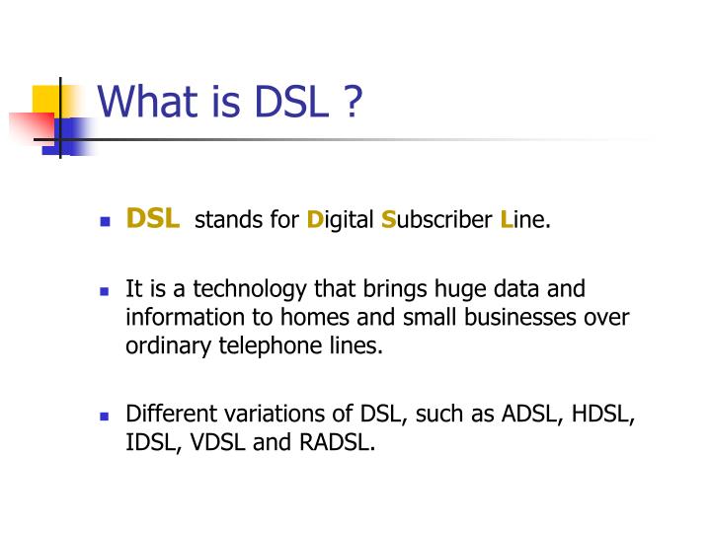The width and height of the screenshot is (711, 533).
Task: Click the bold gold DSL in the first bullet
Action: click(153, 218)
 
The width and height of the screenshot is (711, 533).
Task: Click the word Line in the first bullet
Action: click(524, 219)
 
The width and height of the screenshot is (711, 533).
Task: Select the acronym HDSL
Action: click(601, 416)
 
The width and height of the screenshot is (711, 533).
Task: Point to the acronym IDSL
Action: click(149, 443)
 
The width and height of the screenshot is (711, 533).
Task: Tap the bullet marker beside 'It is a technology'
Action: click(103, 292)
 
